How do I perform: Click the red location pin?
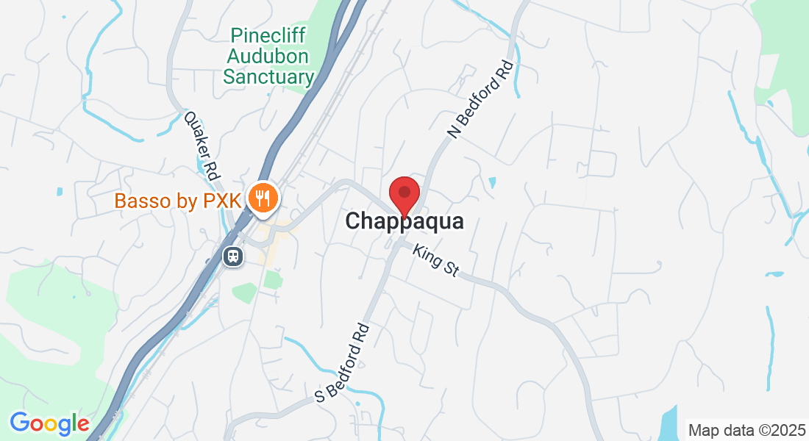click(404, 193)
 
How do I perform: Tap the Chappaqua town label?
click(404, 220)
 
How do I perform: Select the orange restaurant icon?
click(262, 197)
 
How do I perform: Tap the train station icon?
click(233, 256)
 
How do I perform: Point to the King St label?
click(435, 261)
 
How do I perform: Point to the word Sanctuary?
click(268, 76)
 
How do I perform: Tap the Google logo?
click(49, 423)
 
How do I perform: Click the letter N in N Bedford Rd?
click(454, 133)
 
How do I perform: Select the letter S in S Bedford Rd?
click(320, 396)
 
